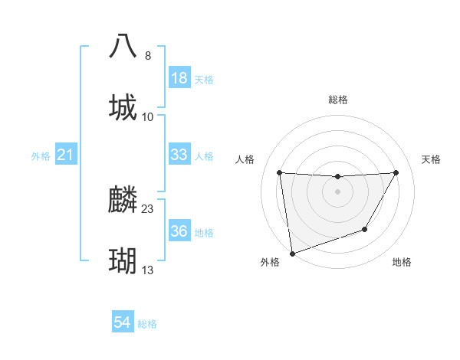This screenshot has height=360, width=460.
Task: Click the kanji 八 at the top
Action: [123, 46]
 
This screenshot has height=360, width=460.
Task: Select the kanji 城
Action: [123, 106]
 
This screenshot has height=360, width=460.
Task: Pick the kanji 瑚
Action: [123, 261]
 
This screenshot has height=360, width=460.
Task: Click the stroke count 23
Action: [148, 208]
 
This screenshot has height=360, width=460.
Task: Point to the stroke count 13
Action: [148, 270]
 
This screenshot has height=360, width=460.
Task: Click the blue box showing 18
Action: [179, 78]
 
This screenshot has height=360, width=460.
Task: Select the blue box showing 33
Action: [179, 155]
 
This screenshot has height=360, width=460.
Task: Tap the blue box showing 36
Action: [179, 231]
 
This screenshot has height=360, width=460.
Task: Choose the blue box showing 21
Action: [66, 155]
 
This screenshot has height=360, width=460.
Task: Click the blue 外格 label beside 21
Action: [41, 156]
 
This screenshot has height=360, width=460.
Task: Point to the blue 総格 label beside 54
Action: [147, 324]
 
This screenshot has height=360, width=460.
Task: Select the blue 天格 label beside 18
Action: [203, 79]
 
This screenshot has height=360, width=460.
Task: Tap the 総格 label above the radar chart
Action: [338, 100]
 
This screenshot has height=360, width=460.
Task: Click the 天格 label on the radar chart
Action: [432, 159]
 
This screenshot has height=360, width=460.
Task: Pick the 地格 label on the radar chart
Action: [402, 263]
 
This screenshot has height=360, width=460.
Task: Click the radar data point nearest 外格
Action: [292, 253]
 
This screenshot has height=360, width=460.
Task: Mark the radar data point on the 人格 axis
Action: [279, 172]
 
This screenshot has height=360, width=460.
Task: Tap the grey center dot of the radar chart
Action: [337, 191]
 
